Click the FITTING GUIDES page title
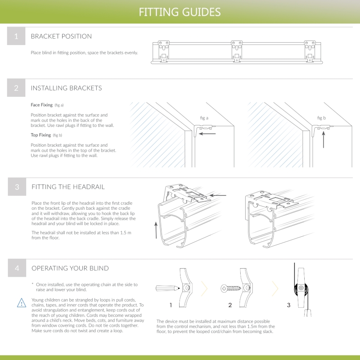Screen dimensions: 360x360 click(180, 12)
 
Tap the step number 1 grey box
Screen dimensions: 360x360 click(16, 36)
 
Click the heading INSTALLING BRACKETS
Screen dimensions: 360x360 click(66, 88)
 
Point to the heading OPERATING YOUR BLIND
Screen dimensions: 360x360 click(70, 268)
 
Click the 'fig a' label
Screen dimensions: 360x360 click(205, 118)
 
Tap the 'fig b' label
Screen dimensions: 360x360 click(321, 118)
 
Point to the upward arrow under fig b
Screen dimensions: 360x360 click(324, 140)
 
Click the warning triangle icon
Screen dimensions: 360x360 click(22, 302)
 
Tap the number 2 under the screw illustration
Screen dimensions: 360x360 click(230, 305)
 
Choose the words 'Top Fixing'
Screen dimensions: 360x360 click(40, 135)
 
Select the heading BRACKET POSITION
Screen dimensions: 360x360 click(61, 36)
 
